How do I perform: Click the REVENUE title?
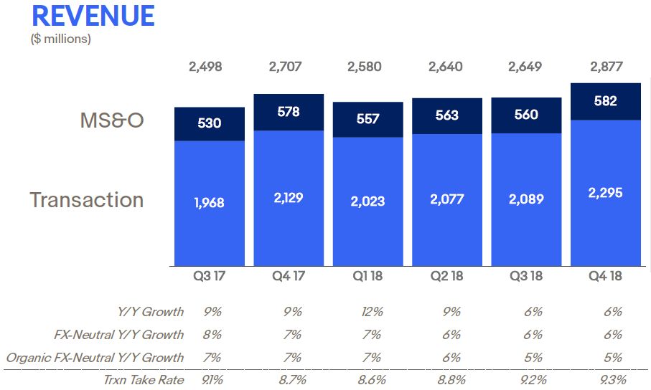pos(93,15)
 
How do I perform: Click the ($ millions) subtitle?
pos(61,39)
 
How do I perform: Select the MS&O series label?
pos(111,120)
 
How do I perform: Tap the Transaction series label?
pos(87,199)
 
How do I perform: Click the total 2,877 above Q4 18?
pos(606,67)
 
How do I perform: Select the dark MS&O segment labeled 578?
pos(289,113)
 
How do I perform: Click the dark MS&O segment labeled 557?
pos(367,119)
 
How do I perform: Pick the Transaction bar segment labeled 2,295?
pos(606,193)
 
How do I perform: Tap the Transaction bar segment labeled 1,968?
pos(210,203)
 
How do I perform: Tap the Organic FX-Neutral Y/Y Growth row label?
pos(95,358)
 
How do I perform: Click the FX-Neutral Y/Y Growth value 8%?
pos(212,335)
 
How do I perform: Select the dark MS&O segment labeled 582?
pos(606,101)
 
